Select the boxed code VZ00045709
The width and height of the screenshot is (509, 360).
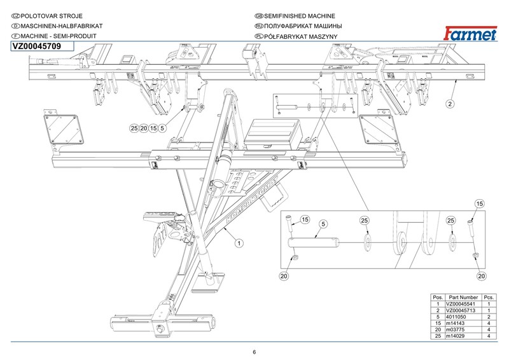coord(38,46)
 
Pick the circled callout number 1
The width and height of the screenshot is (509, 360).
coord(239,242)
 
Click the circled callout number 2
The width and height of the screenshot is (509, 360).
coord(449,102)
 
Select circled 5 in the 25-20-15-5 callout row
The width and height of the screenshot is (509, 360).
coord(163,128)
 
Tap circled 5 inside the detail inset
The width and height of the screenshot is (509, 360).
coord(323,225)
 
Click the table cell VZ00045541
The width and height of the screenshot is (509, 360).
coord(463,303)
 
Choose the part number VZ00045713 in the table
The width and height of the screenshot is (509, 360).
coord(463,310)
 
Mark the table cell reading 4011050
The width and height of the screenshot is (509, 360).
coord(458,316)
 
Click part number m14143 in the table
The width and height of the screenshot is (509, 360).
coord(457,322)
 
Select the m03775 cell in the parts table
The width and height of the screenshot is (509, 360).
coord(457,329)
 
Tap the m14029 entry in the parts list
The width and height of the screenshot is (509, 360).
coord(457,335)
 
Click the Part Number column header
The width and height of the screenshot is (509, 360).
coord(463,297)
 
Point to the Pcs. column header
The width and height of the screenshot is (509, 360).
coord(489,297)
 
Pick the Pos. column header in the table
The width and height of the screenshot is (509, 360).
coord(437,297)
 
